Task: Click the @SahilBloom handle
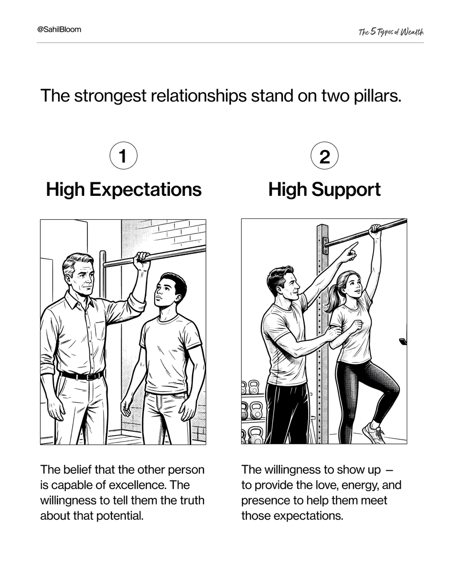coord(59,29)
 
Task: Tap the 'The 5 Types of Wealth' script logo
coord(391,32)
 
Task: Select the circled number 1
coord(123,156)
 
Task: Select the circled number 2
coord(325,156)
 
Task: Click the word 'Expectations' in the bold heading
coord(145,190)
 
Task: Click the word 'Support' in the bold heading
coord(346,190)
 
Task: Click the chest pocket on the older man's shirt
coord(100,331)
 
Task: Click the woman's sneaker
coord(374,433)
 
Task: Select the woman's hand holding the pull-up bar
coord(375,231)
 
